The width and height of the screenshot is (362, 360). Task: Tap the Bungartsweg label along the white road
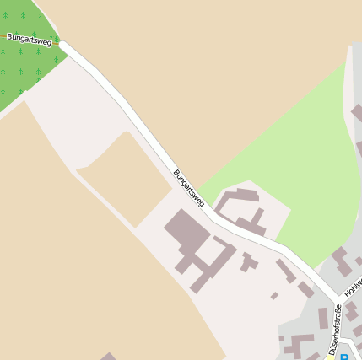pyautogui.click(x=188, y=188)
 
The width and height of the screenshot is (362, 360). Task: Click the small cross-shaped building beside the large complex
pyautogui.click(x=248, y=262)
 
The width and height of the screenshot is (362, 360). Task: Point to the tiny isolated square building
pyautogui.click(x=274, y=296)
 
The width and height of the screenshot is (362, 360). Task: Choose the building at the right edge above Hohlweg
pyautogui.click(x=342, y=261)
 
